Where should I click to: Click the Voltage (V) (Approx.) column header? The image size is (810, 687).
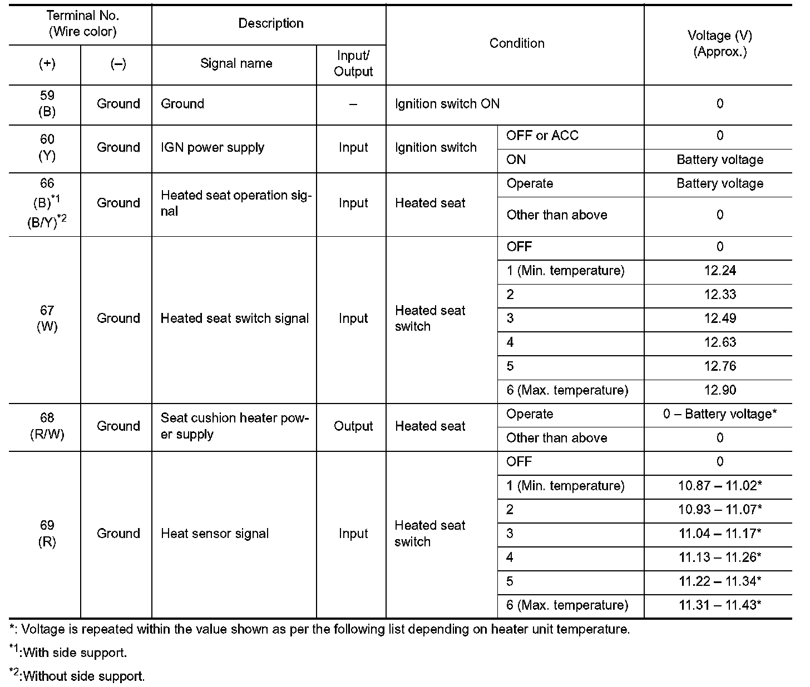point(719,44)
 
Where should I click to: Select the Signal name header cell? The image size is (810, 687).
point(236,63)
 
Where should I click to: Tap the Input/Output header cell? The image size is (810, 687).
point(353,64)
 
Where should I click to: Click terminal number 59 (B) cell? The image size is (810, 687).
point(47,104)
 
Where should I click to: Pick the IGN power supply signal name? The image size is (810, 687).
point(212,148)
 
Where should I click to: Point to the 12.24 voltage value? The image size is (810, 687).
point(720,271)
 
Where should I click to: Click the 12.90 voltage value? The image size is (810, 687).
point(720,390)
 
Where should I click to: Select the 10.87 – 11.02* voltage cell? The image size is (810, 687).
point(720,486)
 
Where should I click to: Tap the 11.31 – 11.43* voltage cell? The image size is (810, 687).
point(720,605)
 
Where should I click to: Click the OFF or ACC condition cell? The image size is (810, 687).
point(542,136)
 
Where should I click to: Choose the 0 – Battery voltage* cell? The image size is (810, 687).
point(720,414)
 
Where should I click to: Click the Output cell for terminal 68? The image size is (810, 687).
point(353,426)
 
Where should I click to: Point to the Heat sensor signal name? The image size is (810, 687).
point(214,534)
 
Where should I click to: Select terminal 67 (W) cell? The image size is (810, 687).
point(47,318)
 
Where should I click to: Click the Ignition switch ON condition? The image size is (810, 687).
point(447,104)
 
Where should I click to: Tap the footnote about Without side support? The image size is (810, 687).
point(78,676)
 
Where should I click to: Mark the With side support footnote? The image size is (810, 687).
point(69,652)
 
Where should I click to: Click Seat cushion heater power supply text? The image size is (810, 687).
point(234,426)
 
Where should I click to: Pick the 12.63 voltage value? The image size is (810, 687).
point(720,342)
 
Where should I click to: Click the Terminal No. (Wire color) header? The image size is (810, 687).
point(82,24)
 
